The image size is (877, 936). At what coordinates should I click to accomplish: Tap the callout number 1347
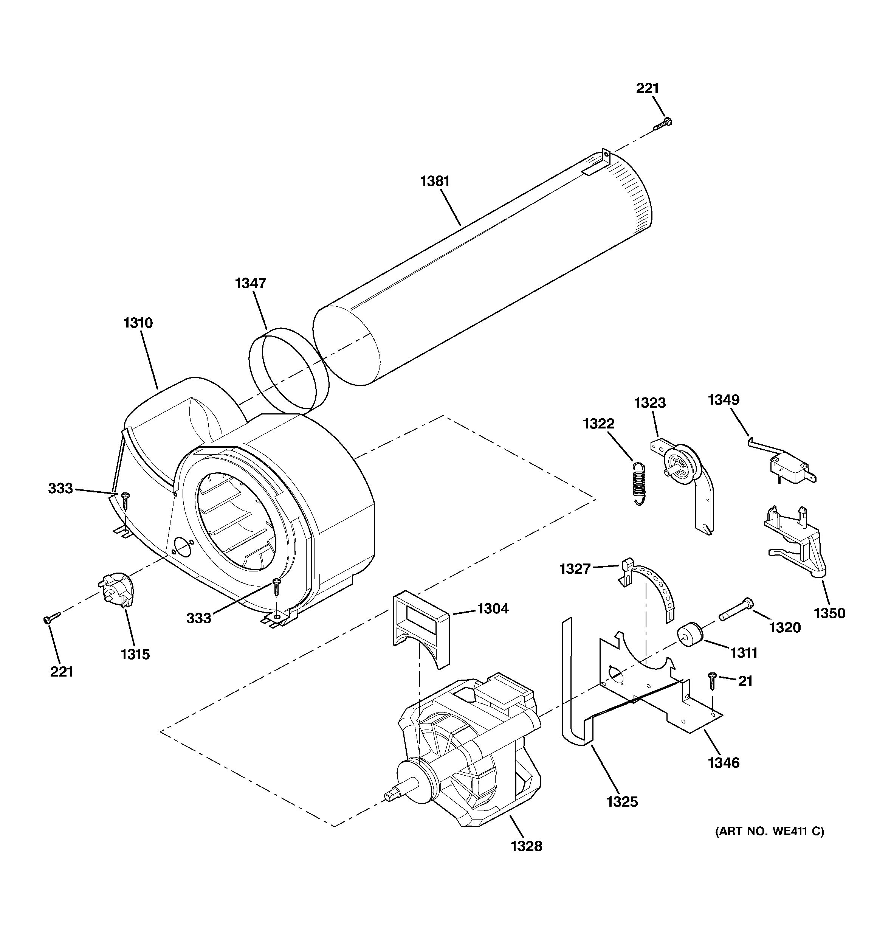[251, 283]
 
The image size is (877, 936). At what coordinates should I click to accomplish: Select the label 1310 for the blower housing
[138, 323]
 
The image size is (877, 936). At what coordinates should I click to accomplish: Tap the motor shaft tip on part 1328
[390, 795]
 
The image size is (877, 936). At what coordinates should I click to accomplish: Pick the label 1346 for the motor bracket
[724, 762]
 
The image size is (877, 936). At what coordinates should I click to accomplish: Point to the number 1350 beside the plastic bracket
[829, 613]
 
